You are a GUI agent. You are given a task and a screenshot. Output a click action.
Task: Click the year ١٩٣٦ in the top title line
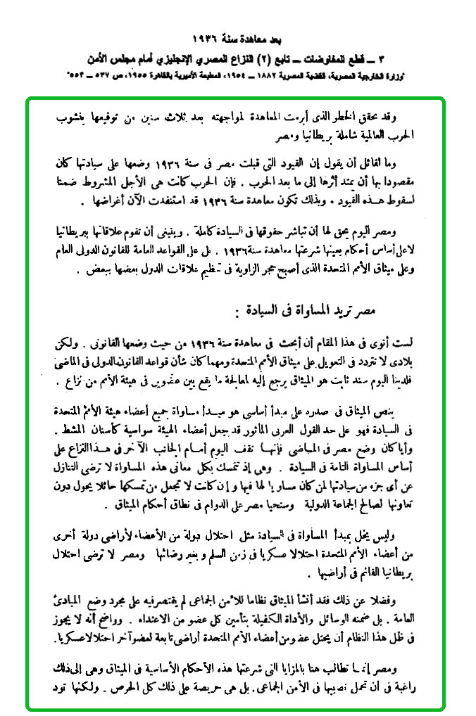pos(205,36)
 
